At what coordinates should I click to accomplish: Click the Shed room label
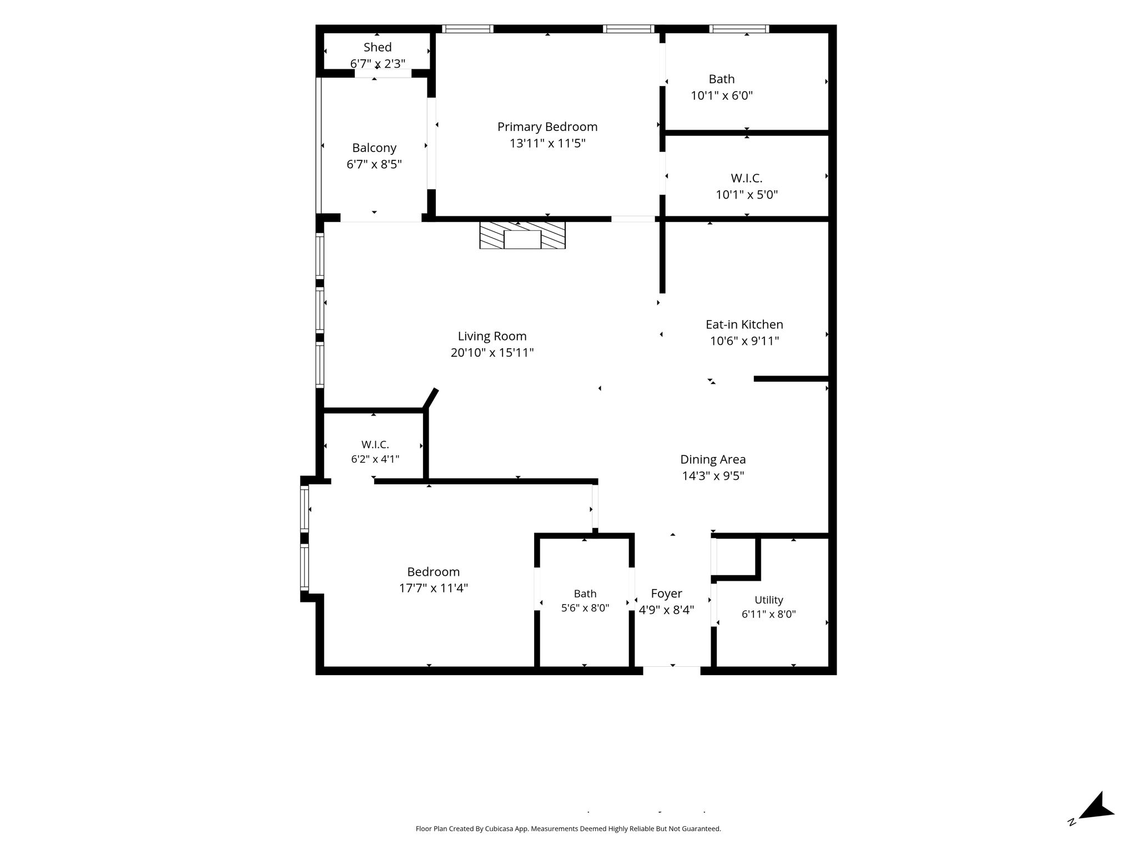(378, 47)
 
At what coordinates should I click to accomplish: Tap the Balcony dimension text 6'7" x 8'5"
(374, 164)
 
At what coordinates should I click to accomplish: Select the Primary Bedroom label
(547, 127)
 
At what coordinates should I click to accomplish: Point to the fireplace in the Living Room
(522, 235)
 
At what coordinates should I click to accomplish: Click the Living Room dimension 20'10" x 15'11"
(492, 352)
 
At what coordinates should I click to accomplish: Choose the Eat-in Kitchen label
(744, 324)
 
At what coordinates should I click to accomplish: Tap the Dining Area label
(713, 459)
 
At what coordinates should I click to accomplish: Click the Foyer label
(666, 594)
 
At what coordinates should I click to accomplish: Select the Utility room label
(769, 600)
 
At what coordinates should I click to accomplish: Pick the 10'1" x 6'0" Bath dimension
(722, 95)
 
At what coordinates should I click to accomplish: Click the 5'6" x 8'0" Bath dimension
(585, 608)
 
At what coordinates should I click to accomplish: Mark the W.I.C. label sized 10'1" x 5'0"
(747, 178)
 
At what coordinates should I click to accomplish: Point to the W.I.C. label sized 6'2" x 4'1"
(375, 444)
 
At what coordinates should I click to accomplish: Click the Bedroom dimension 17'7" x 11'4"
(434, 588)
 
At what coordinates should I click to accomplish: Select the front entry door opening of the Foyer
(672, 671)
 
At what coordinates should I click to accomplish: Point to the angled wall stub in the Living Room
(431, 398)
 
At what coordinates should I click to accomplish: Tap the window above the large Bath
(739, 29)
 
